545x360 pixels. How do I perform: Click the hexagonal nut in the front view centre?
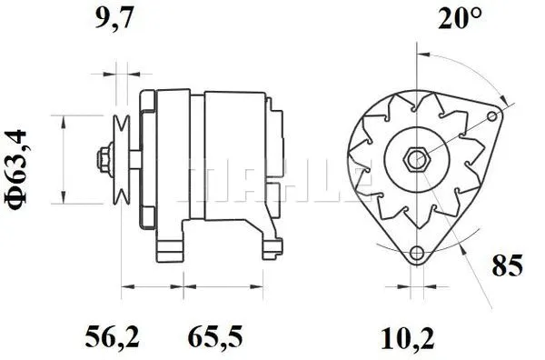tap(418, 159)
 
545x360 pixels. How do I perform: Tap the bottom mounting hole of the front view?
tap(417, 253)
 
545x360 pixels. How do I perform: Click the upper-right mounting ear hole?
tap(495, 115)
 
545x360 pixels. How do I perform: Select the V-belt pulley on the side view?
tap(121, 159)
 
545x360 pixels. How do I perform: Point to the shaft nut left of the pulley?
tap(103, 159)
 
